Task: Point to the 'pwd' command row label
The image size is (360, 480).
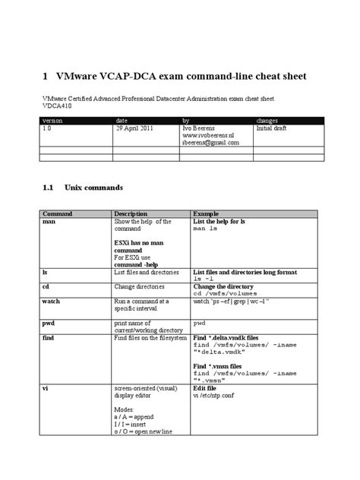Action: (49, 322)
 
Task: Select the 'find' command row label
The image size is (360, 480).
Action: (49, 336)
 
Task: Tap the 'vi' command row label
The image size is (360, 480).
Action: (46, 387)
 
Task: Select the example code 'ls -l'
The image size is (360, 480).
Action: (206, 278)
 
